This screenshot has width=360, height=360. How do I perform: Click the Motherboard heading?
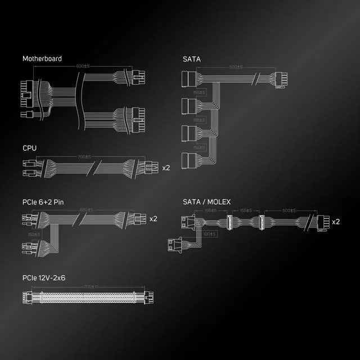42,58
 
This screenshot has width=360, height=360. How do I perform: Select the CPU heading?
29,148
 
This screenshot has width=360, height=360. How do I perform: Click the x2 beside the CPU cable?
166,168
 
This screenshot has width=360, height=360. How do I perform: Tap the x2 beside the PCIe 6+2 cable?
154,218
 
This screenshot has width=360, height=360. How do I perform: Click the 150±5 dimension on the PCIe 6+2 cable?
34,233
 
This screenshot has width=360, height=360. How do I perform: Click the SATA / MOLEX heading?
206,201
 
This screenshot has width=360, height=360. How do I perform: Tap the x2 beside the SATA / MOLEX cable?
336,222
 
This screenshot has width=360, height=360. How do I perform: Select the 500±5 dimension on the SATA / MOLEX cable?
290,210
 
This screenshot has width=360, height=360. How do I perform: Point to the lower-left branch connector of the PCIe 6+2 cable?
28,248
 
